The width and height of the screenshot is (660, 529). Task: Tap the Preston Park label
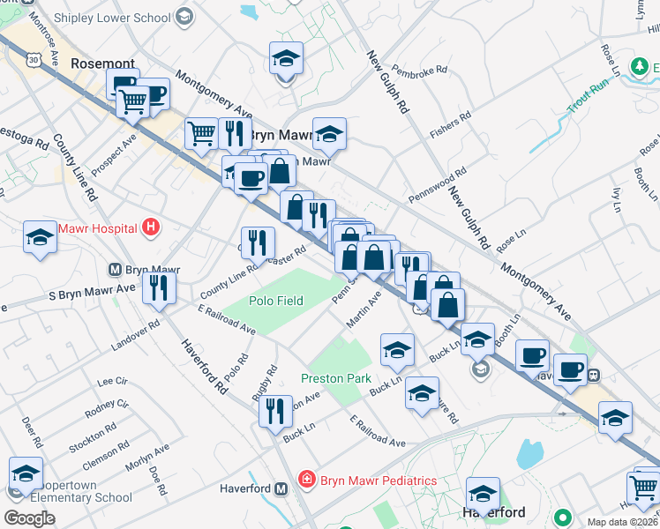334,377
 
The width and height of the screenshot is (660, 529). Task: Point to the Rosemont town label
102,63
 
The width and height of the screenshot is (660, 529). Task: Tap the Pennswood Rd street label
437,186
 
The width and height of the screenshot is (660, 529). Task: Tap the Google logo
29,518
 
